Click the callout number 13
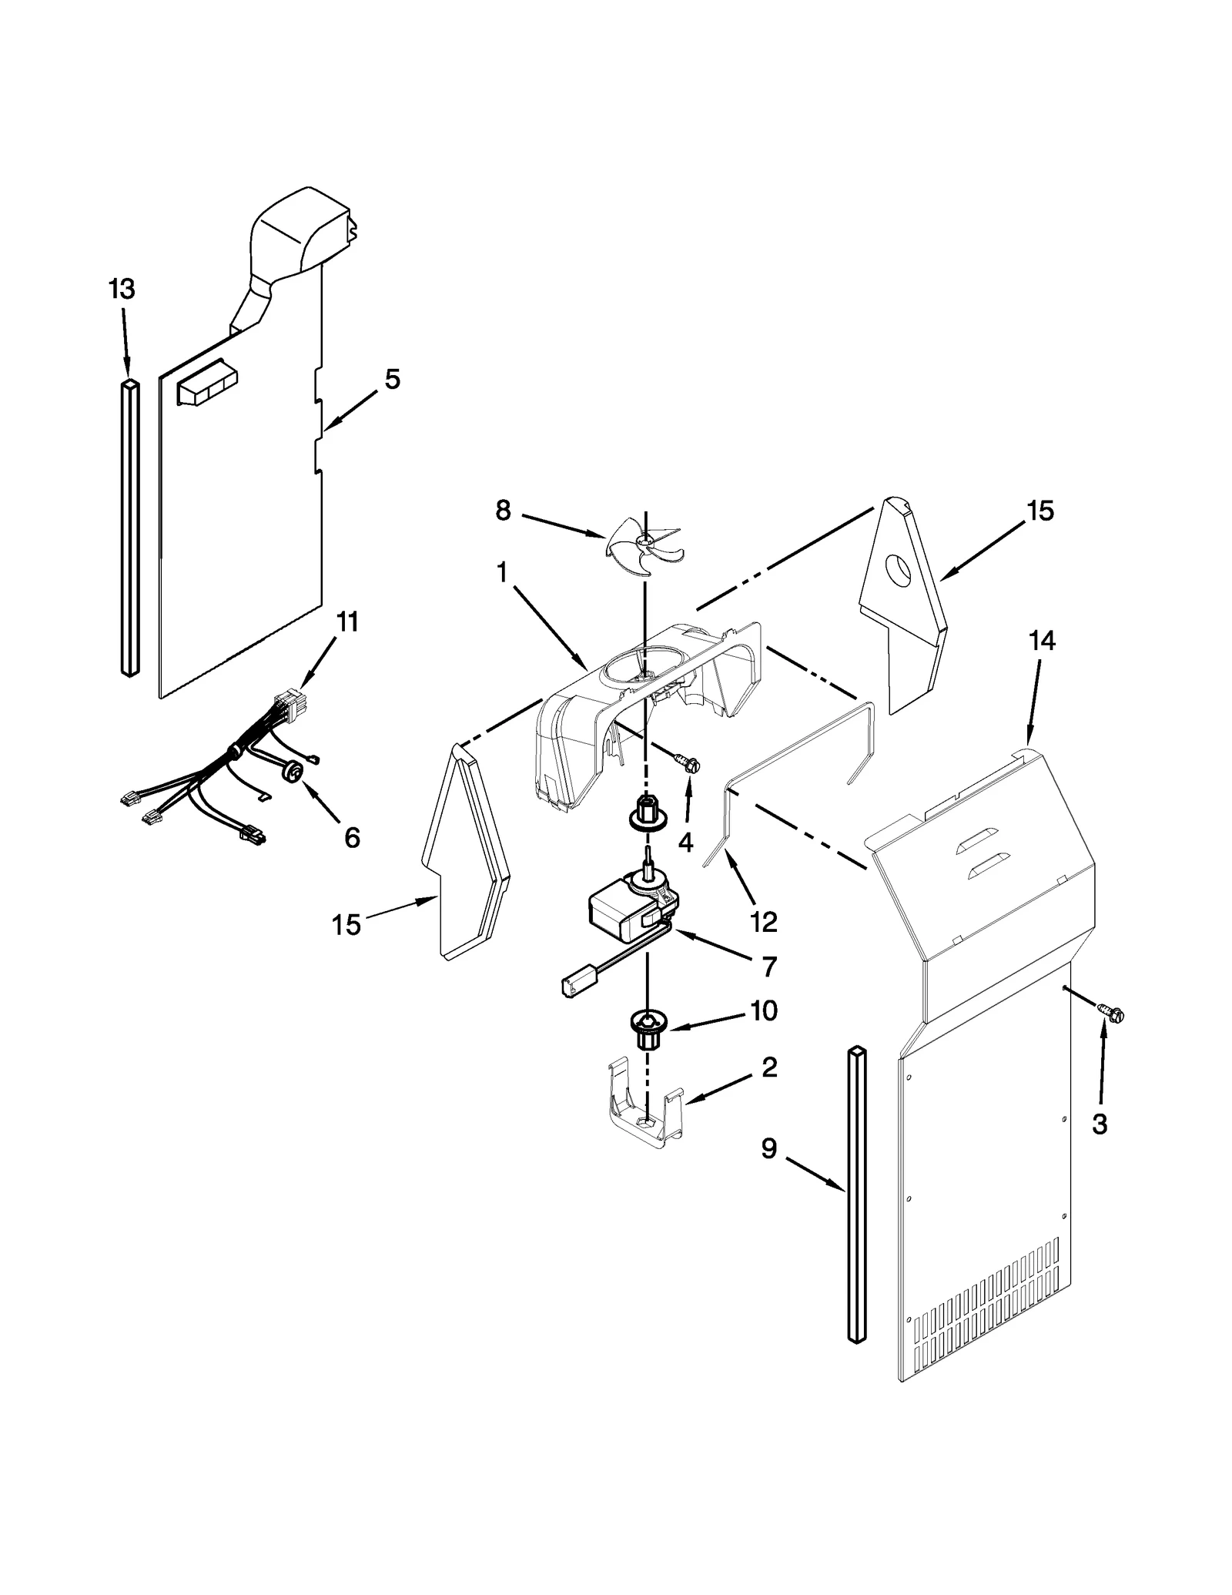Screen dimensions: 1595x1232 point(122,290)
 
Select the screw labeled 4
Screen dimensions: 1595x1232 point(688,763)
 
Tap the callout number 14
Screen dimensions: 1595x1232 point(1042,641)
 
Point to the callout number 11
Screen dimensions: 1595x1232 point(347,622)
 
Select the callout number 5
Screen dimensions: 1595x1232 point(393,379)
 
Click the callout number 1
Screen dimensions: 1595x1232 point(502,573)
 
